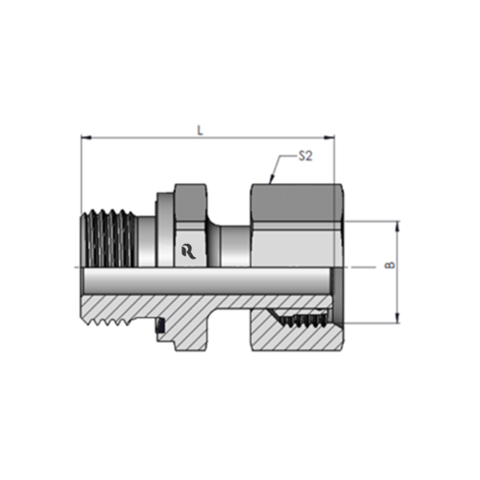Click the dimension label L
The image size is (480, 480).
201,131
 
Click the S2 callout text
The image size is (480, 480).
305,156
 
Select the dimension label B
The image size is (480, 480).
390,265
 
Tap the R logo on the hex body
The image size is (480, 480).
189,252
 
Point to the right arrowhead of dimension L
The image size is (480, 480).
329,137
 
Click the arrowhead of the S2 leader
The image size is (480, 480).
272,180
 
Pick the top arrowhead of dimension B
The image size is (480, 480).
397,226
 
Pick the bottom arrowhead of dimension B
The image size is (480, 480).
397,318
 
